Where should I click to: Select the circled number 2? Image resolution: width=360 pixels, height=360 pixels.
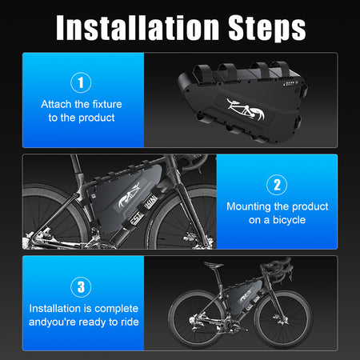pos(276,185)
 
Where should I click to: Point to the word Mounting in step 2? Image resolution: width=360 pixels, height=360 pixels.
pos(251,206)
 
